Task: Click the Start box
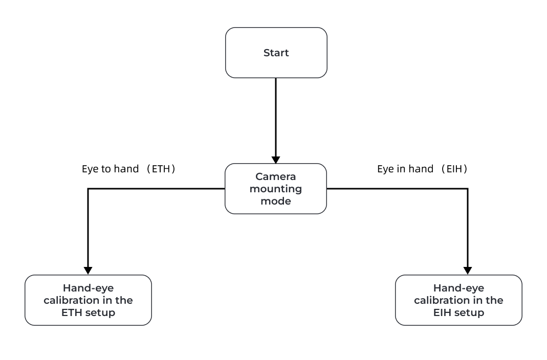(276, 53)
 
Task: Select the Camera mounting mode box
(276, 189)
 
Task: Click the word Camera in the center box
(276, 177)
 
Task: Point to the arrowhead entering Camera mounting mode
(276, 159)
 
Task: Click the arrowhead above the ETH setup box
(88, 271)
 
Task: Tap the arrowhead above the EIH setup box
(467, 271)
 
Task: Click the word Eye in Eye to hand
(90, 169)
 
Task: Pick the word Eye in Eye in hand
(385, 169)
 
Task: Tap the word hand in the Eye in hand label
(422, 169)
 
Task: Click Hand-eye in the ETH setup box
(88, 288)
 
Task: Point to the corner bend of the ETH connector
(88, 189)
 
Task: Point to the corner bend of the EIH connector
(467, 189)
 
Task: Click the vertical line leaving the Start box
(276, 118)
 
